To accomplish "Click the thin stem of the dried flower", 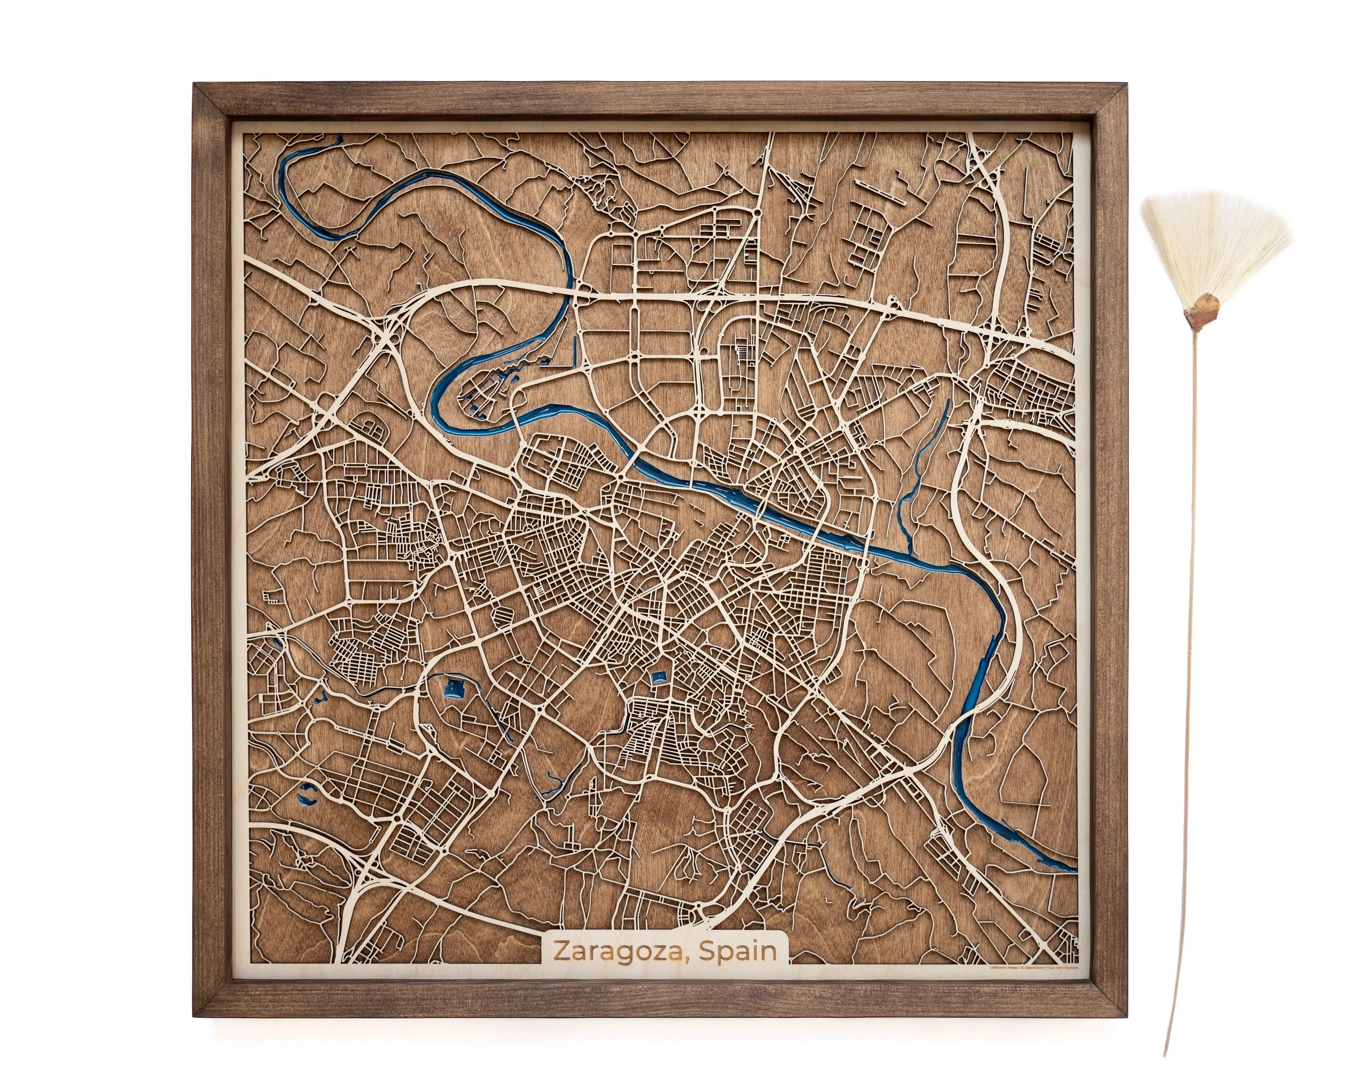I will (x=1187, y=631).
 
